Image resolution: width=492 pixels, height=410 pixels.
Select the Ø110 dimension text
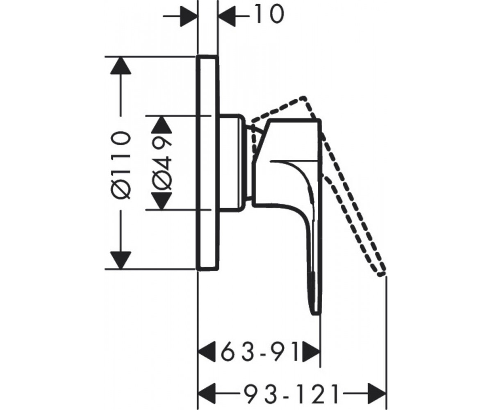click(x=121, y=165)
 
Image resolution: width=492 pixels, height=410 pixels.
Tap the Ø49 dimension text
click(x=162, y=164)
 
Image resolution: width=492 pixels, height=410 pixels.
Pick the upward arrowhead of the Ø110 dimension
click(x=121, y=66)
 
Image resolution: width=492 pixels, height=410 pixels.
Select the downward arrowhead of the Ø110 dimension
click(x=121, y=260)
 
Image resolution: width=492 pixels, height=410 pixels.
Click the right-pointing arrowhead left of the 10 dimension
click(x=189, y=16)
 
